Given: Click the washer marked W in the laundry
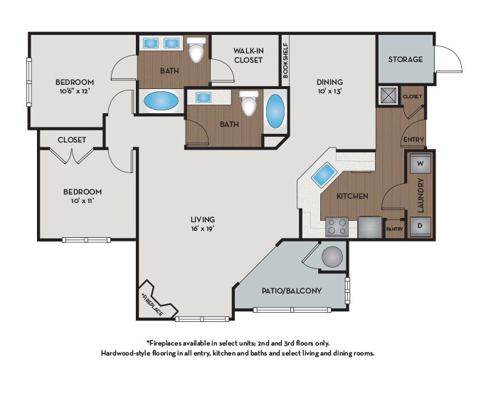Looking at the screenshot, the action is [421, 163].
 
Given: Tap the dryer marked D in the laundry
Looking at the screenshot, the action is [421, 226].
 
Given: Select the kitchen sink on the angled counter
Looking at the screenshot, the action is [323, 175].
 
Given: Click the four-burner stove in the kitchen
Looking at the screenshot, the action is [337, 227].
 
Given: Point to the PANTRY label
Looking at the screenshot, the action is [395, 229].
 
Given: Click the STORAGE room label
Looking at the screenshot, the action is [406, 59].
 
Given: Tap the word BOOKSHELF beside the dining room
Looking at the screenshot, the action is [285, 60].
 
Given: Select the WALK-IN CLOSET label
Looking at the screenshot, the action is [248, 56].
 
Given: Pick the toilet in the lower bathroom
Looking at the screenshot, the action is [248, 103].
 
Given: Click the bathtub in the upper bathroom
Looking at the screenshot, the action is [162, 101].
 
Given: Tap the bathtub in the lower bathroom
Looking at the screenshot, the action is [275, 110].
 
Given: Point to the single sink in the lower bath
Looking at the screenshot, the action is [204, 97].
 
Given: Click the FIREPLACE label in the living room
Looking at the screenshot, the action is [152, 305].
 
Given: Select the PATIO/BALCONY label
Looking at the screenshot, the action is [292, 291].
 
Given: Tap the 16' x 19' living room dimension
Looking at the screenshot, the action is [203, 229].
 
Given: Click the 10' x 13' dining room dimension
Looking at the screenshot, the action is [329, 91].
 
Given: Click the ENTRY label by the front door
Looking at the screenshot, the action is [413, 140].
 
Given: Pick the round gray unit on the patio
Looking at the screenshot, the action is [332, 257].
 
